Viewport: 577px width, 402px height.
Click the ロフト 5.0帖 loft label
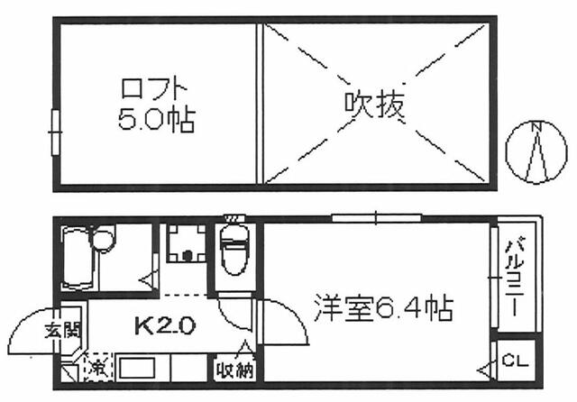[156, 105]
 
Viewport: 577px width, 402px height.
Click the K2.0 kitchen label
[164, 325]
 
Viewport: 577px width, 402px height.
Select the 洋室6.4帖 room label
[382, 309]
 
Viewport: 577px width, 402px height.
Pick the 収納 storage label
[233, 369]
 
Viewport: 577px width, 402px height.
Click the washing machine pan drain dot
[188, 254]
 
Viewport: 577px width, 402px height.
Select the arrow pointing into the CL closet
[484, 369]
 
